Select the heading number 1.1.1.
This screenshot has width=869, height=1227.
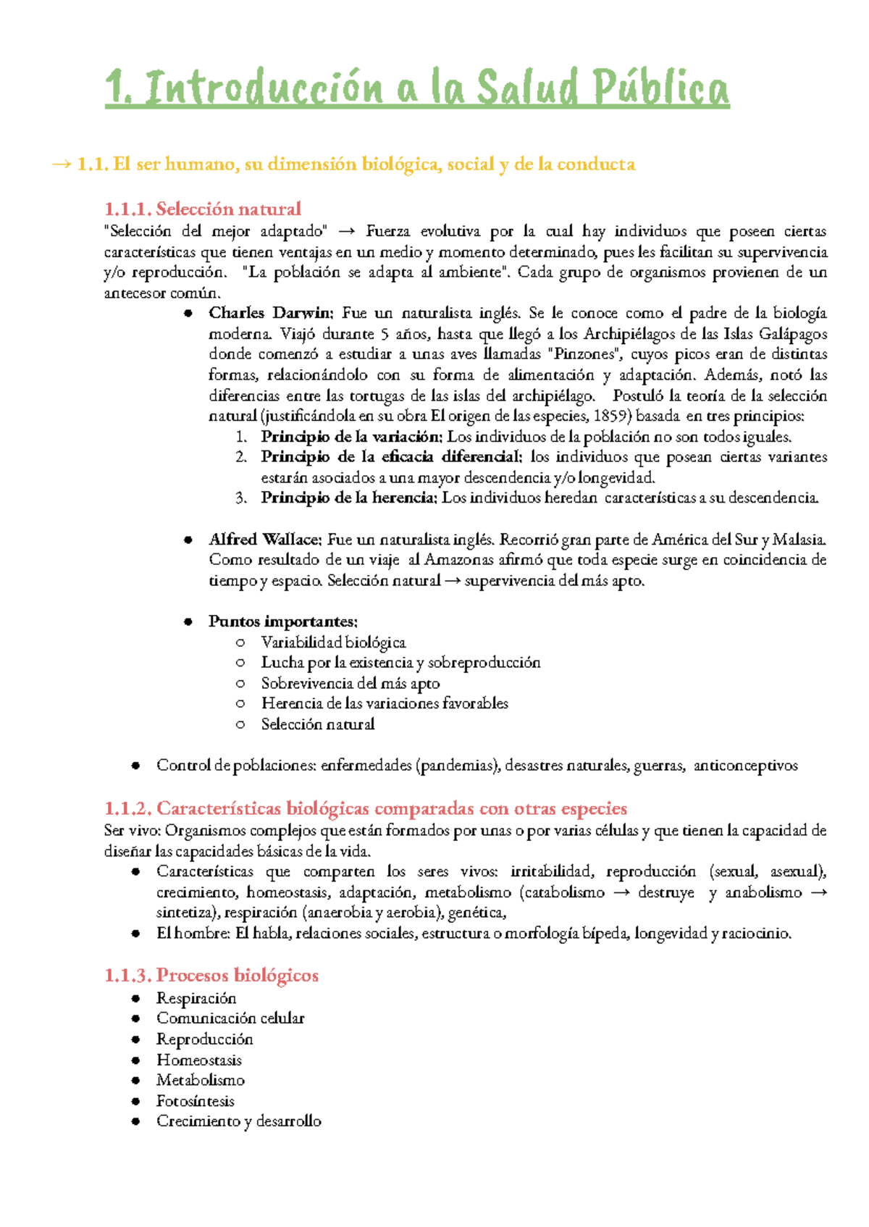tap(127, 209)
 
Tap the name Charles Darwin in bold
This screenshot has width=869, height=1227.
tap(270, 313)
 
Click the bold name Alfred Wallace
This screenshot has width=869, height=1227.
tap(264, 539)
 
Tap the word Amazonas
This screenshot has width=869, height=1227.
tap(459, 559)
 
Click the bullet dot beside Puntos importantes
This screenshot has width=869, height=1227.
tap(188, 621)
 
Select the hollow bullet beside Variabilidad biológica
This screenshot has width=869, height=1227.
tap(240, 642)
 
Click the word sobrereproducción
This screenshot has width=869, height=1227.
tap(484, 663)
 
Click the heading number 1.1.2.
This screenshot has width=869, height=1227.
tap(127, 808)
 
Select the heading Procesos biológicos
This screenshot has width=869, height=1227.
tap(238, 976)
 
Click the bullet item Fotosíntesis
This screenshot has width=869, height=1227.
tap(196, 1101)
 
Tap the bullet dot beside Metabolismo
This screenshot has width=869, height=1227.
tap(135, 1081)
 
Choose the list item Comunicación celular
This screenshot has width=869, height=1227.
tap(230, 1018)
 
